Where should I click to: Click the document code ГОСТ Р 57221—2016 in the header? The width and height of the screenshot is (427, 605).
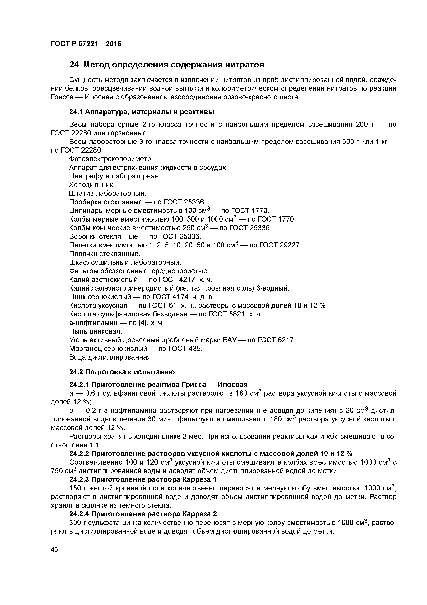(86, 44)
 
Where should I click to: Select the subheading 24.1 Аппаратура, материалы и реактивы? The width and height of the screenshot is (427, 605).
(142, 112)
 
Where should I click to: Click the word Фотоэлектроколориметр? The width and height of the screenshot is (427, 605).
(111, 159)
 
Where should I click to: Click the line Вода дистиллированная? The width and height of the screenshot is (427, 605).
(111, 357)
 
